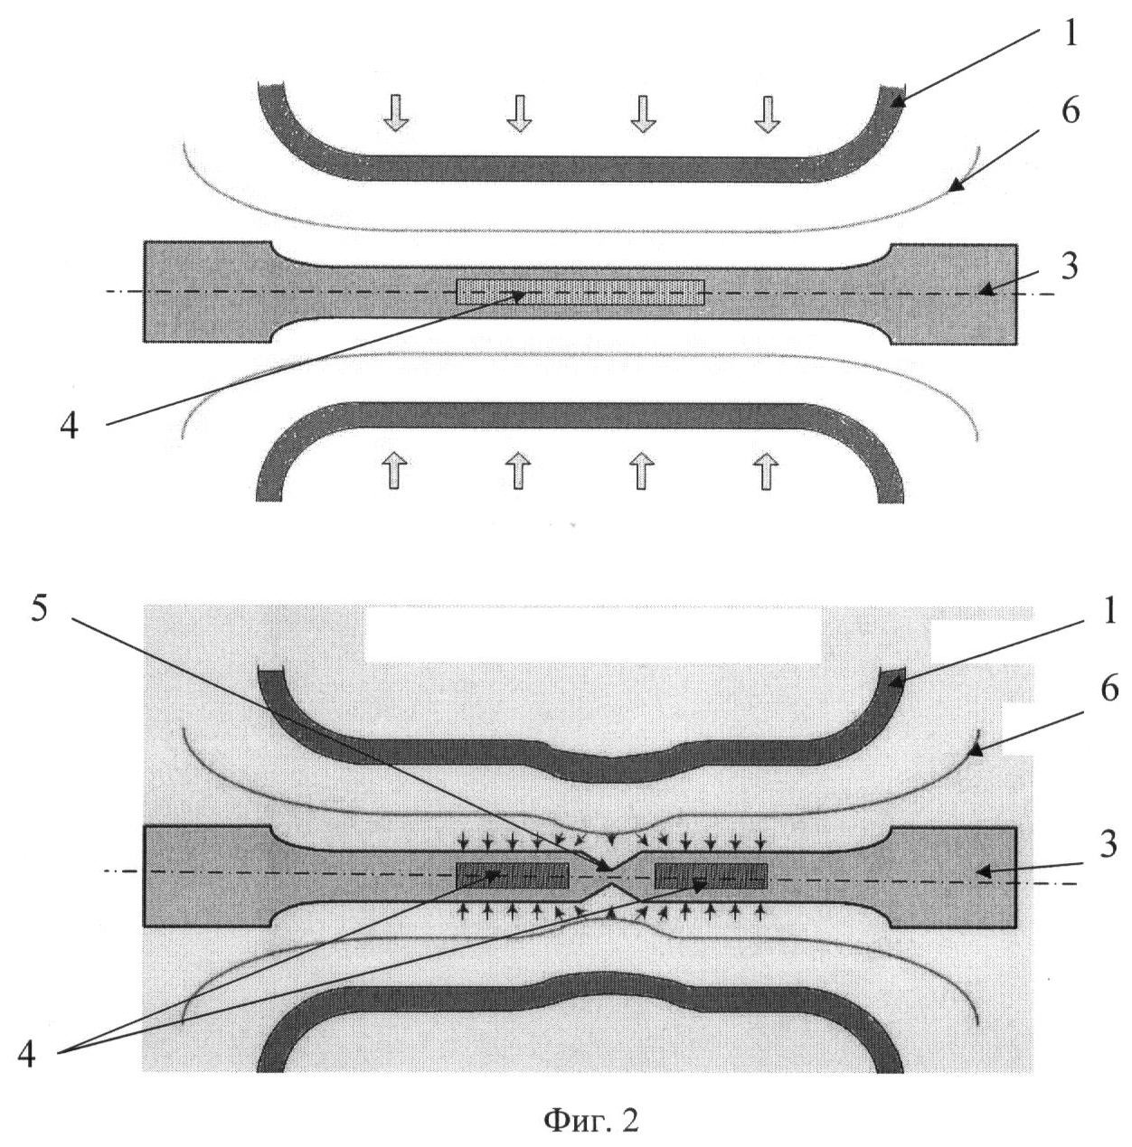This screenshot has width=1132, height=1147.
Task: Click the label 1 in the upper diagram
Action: click(1071, 34)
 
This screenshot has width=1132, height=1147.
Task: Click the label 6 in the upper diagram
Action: click(1071, 111)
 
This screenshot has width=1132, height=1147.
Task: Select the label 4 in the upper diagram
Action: click(69, 427)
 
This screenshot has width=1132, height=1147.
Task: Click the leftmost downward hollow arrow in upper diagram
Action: click(395, 112)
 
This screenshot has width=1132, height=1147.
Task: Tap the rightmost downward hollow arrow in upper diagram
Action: click(767, 114)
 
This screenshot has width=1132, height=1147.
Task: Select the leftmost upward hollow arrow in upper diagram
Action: click(393, 470)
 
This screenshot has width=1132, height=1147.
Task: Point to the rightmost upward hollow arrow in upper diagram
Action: click(766, 470)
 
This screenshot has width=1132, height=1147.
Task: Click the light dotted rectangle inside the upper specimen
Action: click(580, 292)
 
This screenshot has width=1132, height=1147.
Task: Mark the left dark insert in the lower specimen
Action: click(513, 875)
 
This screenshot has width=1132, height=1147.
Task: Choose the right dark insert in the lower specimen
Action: click(711, 875)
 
